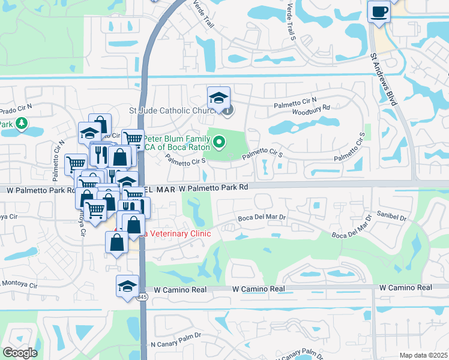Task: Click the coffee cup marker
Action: tap(379, 12)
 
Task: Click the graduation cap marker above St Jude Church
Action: tap(218, 97)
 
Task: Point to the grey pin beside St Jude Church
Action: tap(228, 109)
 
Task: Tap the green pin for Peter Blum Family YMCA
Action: tap(220, 142)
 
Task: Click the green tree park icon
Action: tap(22, 124)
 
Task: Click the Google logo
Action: tap(20, 353)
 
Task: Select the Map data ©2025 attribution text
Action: tap(424, 355)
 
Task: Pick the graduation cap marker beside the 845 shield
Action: tap(127, 286)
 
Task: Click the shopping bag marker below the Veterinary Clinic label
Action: tap(116, 242)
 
